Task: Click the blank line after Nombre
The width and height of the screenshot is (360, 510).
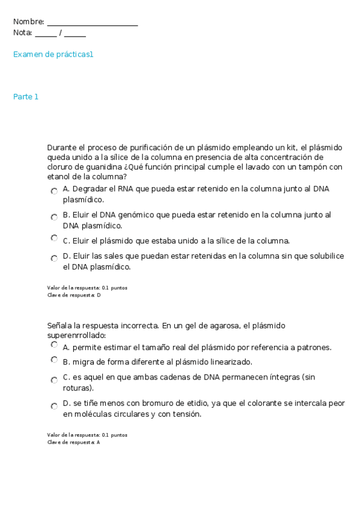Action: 92,23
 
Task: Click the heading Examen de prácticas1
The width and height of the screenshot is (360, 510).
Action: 53,55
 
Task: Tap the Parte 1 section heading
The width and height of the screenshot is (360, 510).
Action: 26,97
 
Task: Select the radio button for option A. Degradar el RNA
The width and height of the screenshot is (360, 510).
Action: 54,190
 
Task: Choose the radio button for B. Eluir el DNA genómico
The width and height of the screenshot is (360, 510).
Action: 54,216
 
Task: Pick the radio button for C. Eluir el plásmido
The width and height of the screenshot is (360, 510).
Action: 54,238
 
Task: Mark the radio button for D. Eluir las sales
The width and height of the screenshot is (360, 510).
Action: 54,257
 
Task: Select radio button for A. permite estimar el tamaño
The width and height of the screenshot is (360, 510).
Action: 54,345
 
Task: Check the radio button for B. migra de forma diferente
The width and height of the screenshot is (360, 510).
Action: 54,360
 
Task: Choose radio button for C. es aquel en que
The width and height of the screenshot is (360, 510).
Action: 54,379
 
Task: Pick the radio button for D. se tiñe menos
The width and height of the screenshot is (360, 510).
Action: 54,406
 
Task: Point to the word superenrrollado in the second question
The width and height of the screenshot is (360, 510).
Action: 75,335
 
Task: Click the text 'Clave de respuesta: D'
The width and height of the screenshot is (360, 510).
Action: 74,295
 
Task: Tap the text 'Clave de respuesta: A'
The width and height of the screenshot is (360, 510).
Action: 74,442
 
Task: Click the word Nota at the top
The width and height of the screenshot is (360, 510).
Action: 22,33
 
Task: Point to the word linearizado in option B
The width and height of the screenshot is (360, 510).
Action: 230,362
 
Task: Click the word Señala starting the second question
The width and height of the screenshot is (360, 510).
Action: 60,325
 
